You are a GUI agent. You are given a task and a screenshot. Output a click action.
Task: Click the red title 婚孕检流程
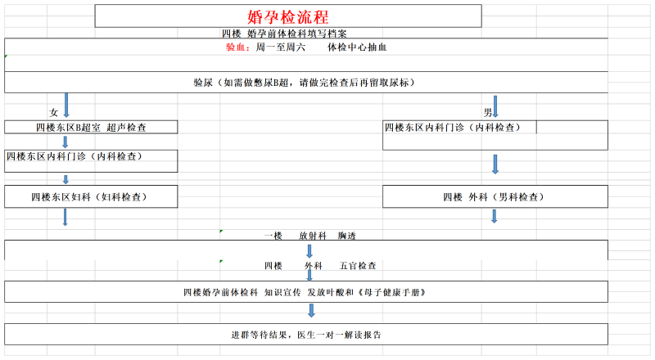[x=288, y=17]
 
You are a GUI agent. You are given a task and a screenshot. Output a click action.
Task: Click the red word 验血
[x=236, y=47]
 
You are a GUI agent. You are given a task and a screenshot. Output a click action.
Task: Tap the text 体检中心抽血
[x=357, y=47]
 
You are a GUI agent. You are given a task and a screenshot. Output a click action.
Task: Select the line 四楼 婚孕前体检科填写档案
[x=284, y=34]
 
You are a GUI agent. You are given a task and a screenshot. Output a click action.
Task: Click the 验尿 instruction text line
[x=304, y=83]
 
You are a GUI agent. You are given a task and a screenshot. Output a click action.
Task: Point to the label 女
[x=53, y=112]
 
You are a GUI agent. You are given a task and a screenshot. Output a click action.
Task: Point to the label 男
[x=487, y=112]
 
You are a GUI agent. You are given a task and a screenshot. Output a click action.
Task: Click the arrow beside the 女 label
[x=66, y=105]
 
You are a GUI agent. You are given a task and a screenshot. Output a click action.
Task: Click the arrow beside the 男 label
[x=495, y=106]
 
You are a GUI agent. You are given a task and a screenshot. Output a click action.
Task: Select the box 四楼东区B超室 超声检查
[x=91, y=128]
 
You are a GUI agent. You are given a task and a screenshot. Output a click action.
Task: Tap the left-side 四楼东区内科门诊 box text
[x=75, y=156]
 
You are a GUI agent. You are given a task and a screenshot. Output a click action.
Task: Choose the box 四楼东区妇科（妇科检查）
[x=91, y=196]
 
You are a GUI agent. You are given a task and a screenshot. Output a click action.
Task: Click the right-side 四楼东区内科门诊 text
[x=453, y=128]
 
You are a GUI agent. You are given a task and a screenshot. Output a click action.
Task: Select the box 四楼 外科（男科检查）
[x=495, y=196]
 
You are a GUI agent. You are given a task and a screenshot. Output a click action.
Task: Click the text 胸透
[x=346, y=236]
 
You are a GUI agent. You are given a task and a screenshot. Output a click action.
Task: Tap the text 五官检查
[x=358, y=266]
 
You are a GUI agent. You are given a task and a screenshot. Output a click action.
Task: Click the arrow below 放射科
[x=309, y=251]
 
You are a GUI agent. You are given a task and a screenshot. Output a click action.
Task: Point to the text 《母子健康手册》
[x=391, y=292]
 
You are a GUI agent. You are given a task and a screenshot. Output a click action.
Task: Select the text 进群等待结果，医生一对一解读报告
[x=306, y=335]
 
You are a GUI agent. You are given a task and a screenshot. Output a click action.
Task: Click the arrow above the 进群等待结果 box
[x=311, y=310]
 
